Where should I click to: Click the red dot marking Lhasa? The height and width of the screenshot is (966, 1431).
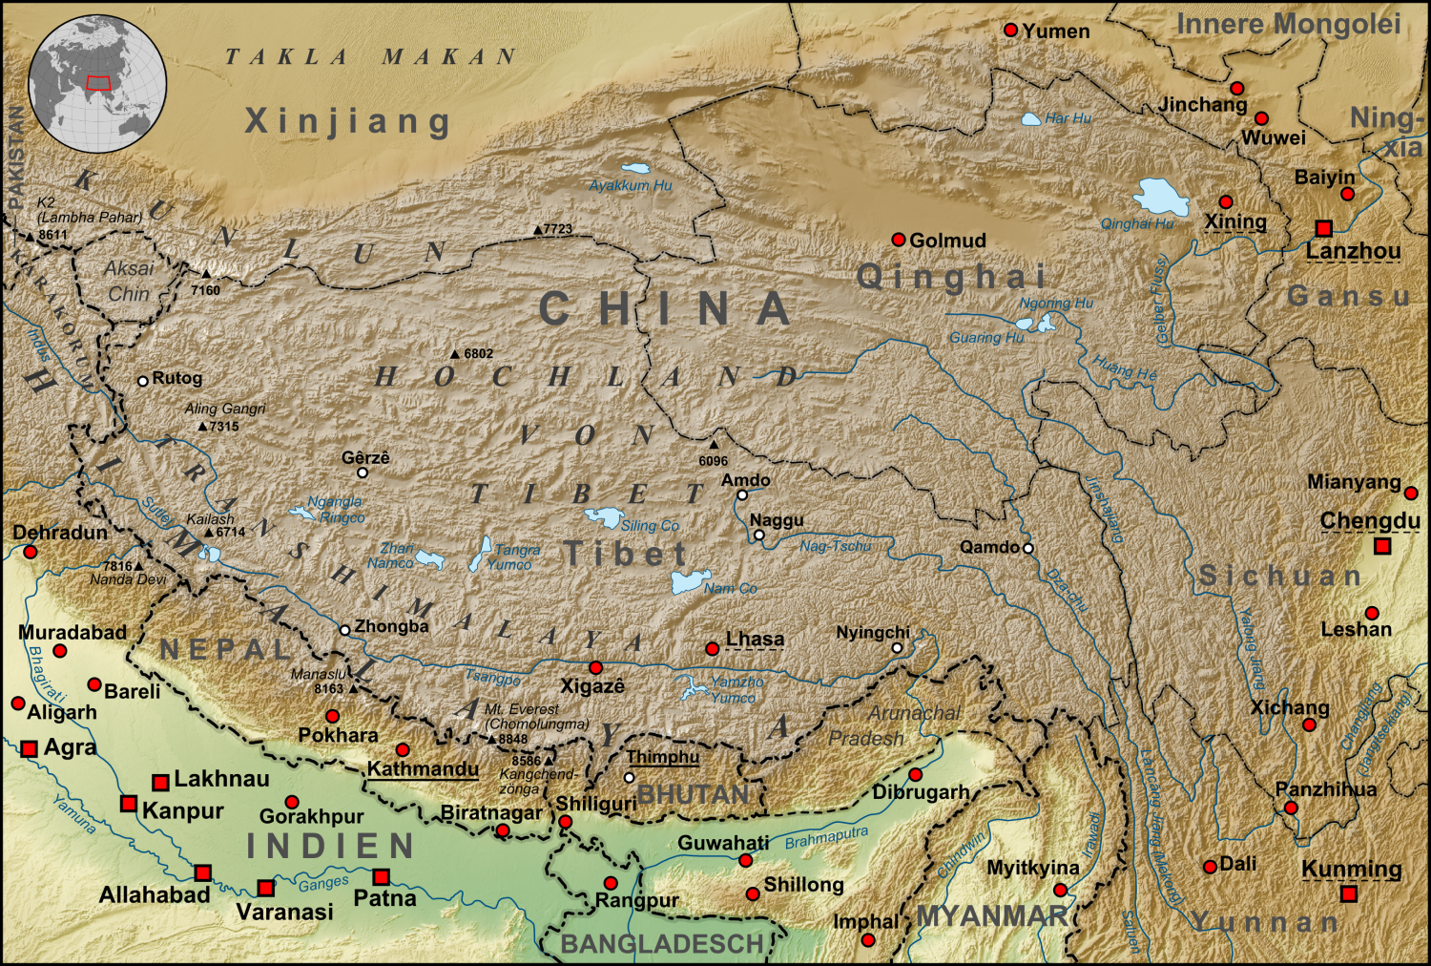tap(712, 649)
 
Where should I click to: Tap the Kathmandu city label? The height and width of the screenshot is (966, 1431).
tap(423, 768)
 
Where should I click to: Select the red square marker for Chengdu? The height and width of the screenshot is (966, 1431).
tap(1382, 546)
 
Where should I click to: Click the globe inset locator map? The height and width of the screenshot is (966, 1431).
tap(98, 83)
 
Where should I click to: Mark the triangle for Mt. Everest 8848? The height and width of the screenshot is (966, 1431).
tap(492, 739)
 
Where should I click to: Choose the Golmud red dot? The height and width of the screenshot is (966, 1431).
tap(898, 240)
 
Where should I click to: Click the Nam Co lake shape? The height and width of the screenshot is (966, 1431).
tap(690, 581)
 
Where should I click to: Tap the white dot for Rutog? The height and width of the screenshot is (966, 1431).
tap(143, 381)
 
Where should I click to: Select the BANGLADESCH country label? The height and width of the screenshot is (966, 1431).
tap(661, 944)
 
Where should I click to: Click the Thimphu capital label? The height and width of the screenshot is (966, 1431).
tap(662, 757)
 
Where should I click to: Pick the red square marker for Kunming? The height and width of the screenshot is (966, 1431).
tap(1349, 894)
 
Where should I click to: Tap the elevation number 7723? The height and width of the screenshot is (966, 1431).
tap(558, 229)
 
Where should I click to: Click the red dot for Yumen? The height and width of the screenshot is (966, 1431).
tap(1011, 31)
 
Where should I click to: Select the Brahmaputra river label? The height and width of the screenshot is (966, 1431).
tap(826, 838)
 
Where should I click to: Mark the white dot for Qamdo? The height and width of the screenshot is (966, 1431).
tap(1028, 548)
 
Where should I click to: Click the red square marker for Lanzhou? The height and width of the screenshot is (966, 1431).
tap(1323, 228)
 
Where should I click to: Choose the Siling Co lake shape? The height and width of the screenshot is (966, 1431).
tap(605, 517)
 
